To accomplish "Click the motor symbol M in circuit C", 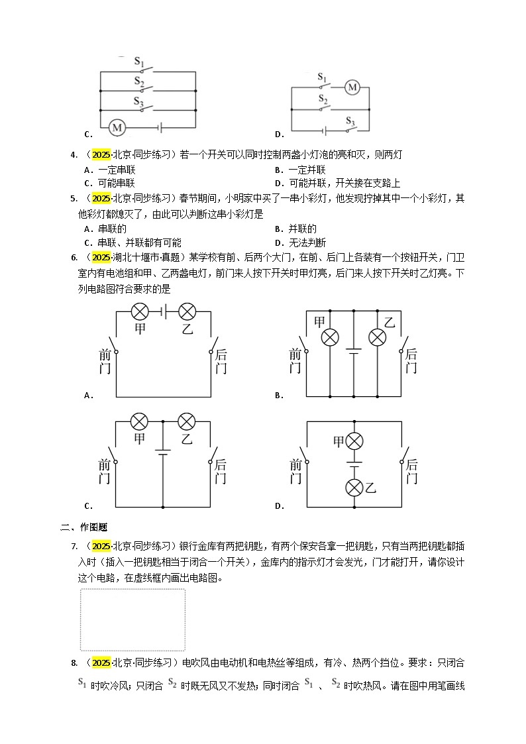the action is pyautogui.click(x=117, y=127).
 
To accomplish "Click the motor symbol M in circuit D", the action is pyautogui.click(x=352, y=87).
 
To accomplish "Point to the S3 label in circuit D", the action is pyautogui.click(x=350, y=123).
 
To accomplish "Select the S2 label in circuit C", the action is pyautogui.click(x=139, y=81).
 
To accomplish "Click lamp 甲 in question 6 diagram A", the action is pyautogui.click(x=139, y=311).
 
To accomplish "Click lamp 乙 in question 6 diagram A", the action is pyautogui.click(x=187, y=311).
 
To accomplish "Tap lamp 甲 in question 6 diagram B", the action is pyautogui.click(x=330, y=338).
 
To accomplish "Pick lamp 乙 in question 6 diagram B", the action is pyautogui.click(x=377, y=338).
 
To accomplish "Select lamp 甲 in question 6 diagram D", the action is pyautogui.click(x=355, y=441).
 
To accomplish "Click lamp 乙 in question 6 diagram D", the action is pyautogui.click(x=355, y=488).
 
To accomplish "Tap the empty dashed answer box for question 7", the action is pyautogui.click(x=132, y=620).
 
